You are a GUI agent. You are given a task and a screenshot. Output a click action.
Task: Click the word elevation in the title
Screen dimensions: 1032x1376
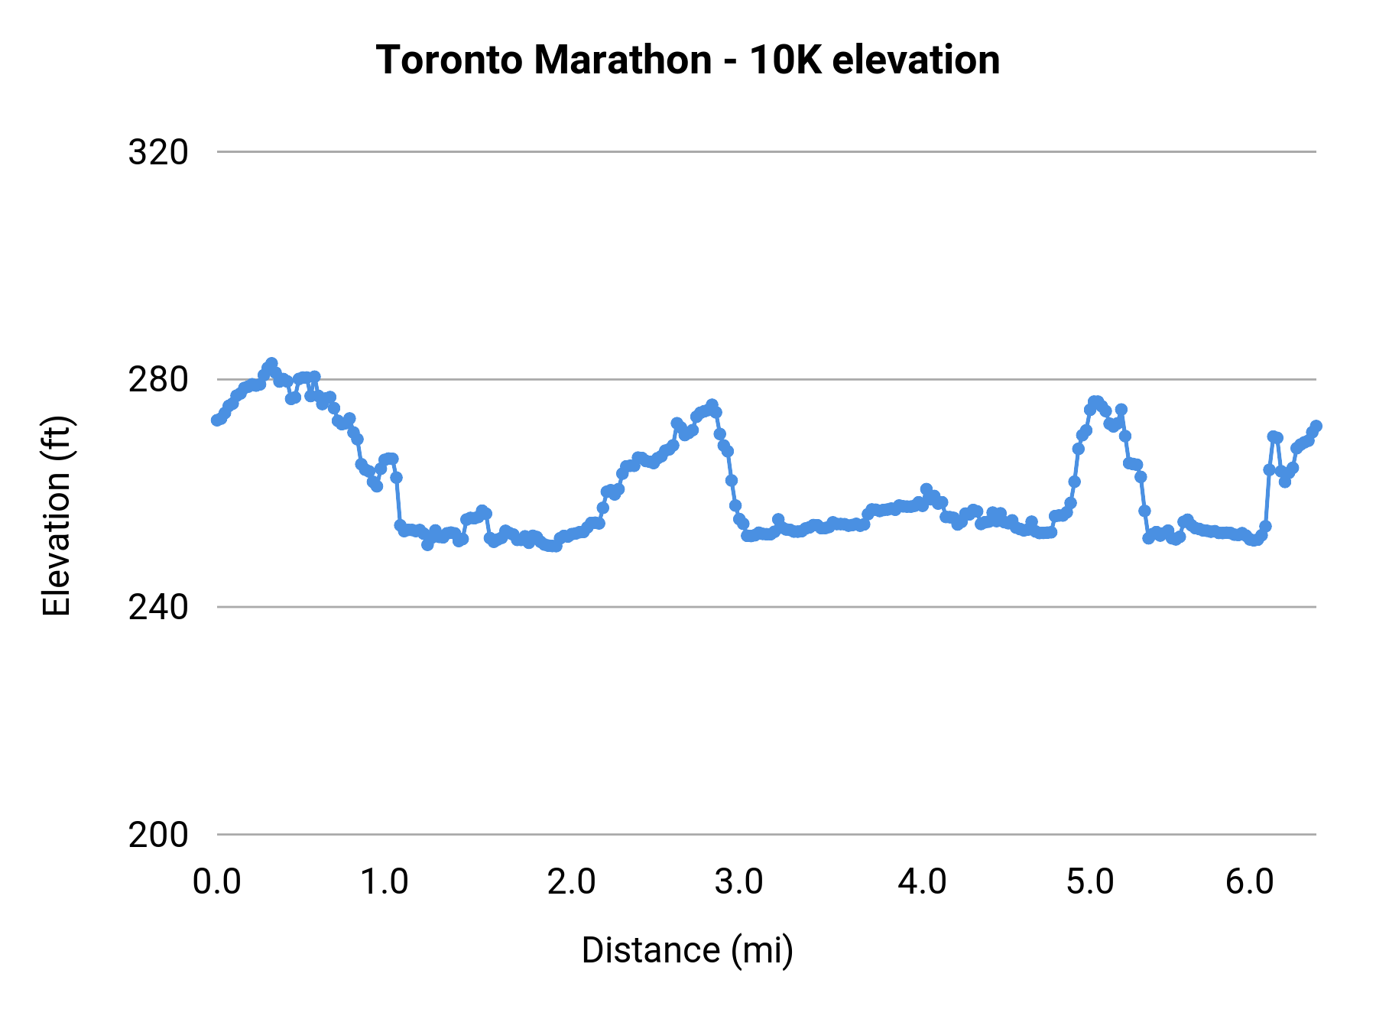pos(916,60)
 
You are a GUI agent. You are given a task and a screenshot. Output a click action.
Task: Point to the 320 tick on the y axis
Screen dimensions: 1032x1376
pos(158,153)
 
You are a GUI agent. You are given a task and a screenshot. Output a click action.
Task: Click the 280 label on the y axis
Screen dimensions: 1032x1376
pos(158,380)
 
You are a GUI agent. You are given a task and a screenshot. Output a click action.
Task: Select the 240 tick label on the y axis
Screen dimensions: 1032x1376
pos(158,608)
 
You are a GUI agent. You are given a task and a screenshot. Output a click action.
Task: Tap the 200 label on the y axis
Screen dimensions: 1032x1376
pos(158,836)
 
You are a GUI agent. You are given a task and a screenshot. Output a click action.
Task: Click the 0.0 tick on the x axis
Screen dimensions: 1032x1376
pos(217,882)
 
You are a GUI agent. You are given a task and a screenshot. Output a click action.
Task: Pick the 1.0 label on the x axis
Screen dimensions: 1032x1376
pos(385,882)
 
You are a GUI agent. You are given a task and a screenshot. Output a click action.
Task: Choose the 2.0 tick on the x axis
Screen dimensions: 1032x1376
pos(571,882)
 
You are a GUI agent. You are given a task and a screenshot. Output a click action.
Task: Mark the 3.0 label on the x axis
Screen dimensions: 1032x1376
pos(738,882)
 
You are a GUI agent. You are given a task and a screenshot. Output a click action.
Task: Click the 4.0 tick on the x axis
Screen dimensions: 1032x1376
pos(922,882)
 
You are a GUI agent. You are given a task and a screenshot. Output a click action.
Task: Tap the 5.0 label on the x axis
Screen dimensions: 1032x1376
pos(1090,882)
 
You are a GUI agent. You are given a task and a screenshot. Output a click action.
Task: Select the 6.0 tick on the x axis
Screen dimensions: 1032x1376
pos(1249,882)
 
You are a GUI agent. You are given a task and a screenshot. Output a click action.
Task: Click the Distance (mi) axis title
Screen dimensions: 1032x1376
pos(687,950)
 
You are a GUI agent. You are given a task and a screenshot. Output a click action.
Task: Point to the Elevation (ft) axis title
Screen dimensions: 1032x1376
pos(57,516)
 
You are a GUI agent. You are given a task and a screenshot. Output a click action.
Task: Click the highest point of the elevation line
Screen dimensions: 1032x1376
pos(271,363)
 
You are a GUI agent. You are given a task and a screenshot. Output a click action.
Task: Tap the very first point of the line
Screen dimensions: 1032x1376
pos(217,420)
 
